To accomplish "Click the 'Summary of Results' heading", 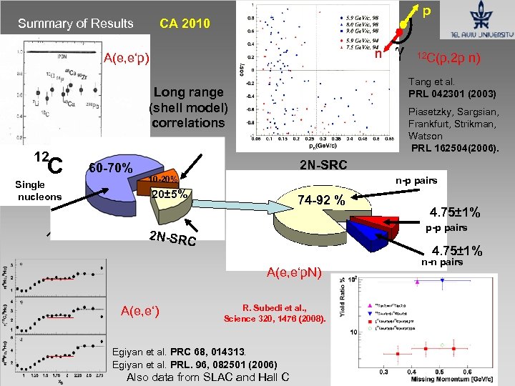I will pos(76,24).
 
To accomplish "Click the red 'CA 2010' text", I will pos(185,24).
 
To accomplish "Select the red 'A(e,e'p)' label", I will pos(127,58).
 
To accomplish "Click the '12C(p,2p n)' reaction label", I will pos(448,57).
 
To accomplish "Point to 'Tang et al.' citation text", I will pos(431,81).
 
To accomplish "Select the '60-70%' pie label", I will pos(112,169).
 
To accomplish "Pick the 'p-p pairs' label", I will pos(447,228).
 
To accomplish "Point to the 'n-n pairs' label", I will pos(442,262).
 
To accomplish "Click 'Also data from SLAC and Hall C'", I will pos(207,377).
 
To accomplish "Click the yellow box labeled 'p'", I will pos(426,11).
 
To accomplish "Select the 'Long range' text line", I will pos(188,91).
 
